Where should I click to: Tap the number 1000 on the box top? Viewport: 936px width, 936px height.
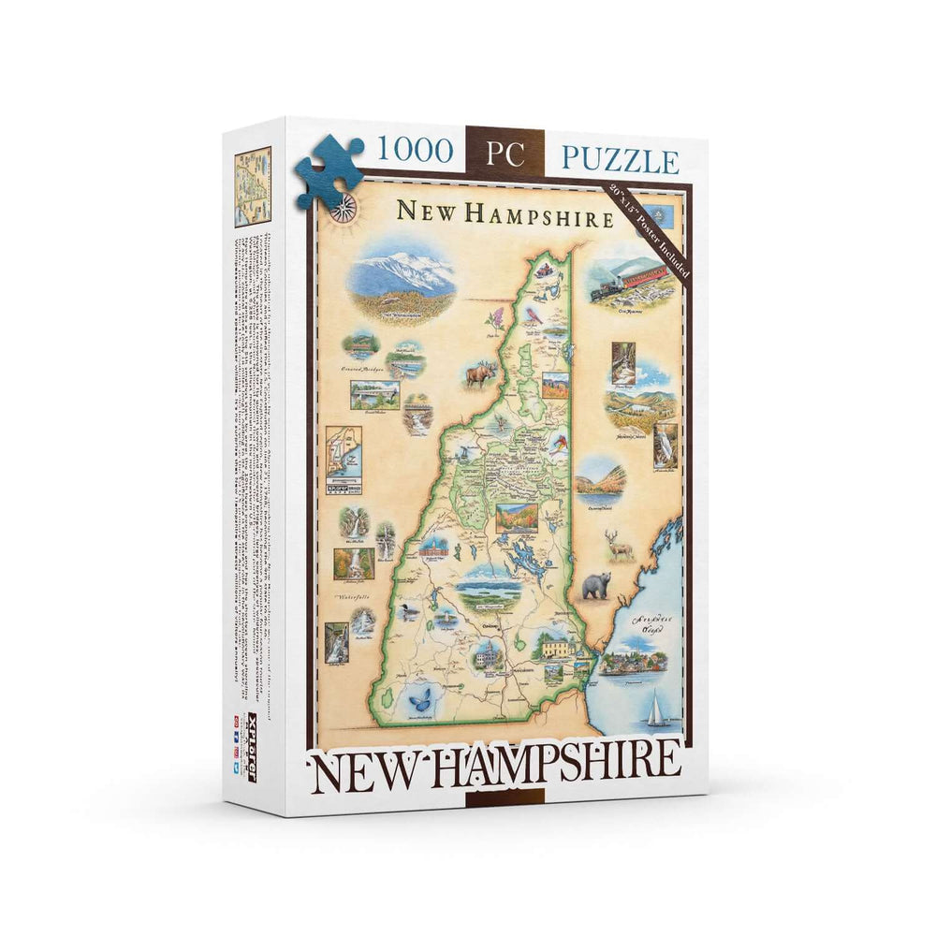pyautogui.click(x=416, y=150)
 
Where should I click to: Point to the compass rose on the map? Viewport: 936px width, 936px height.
pyautogui.click(x=344, y=207)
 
